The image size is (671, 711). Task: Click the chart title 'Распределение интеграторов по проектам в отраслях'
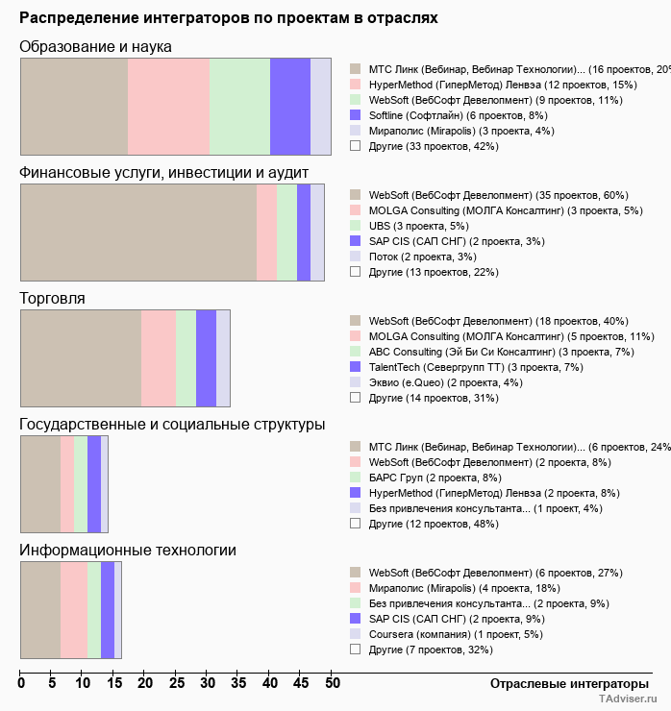point(229,18)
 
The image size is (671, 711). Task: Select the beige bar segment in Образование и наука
point(74,106)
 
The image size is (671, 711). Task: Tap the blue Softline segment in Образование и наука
point(289,106)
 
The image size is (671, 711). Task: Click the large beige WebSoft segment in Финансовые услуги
point(138,233)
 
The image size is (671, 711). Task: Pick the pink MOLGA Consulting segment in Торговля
point(159,358)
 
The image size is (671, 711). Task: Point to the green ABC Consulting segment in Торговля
point(186,358)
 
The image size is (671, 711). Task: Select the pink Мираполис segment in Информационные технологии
point(74,610)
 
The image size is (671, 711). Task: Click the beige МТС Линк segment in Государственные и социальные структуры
point(40,483)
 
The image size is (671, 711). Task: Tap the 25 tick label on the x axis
point(176,683)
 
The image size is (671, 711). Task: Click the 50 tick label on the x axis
point(332,683)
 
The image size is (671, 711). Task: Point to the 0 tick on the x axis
point(21,683)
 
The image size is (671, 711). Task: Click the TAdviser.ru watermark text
point(628,699)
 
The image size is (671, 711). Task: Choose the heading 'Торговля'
point(52,298)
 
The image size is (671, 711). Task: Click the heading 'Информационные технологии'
point(128,550)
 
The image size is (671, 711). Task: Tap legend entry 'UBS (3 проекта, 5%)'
point(418,226)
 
